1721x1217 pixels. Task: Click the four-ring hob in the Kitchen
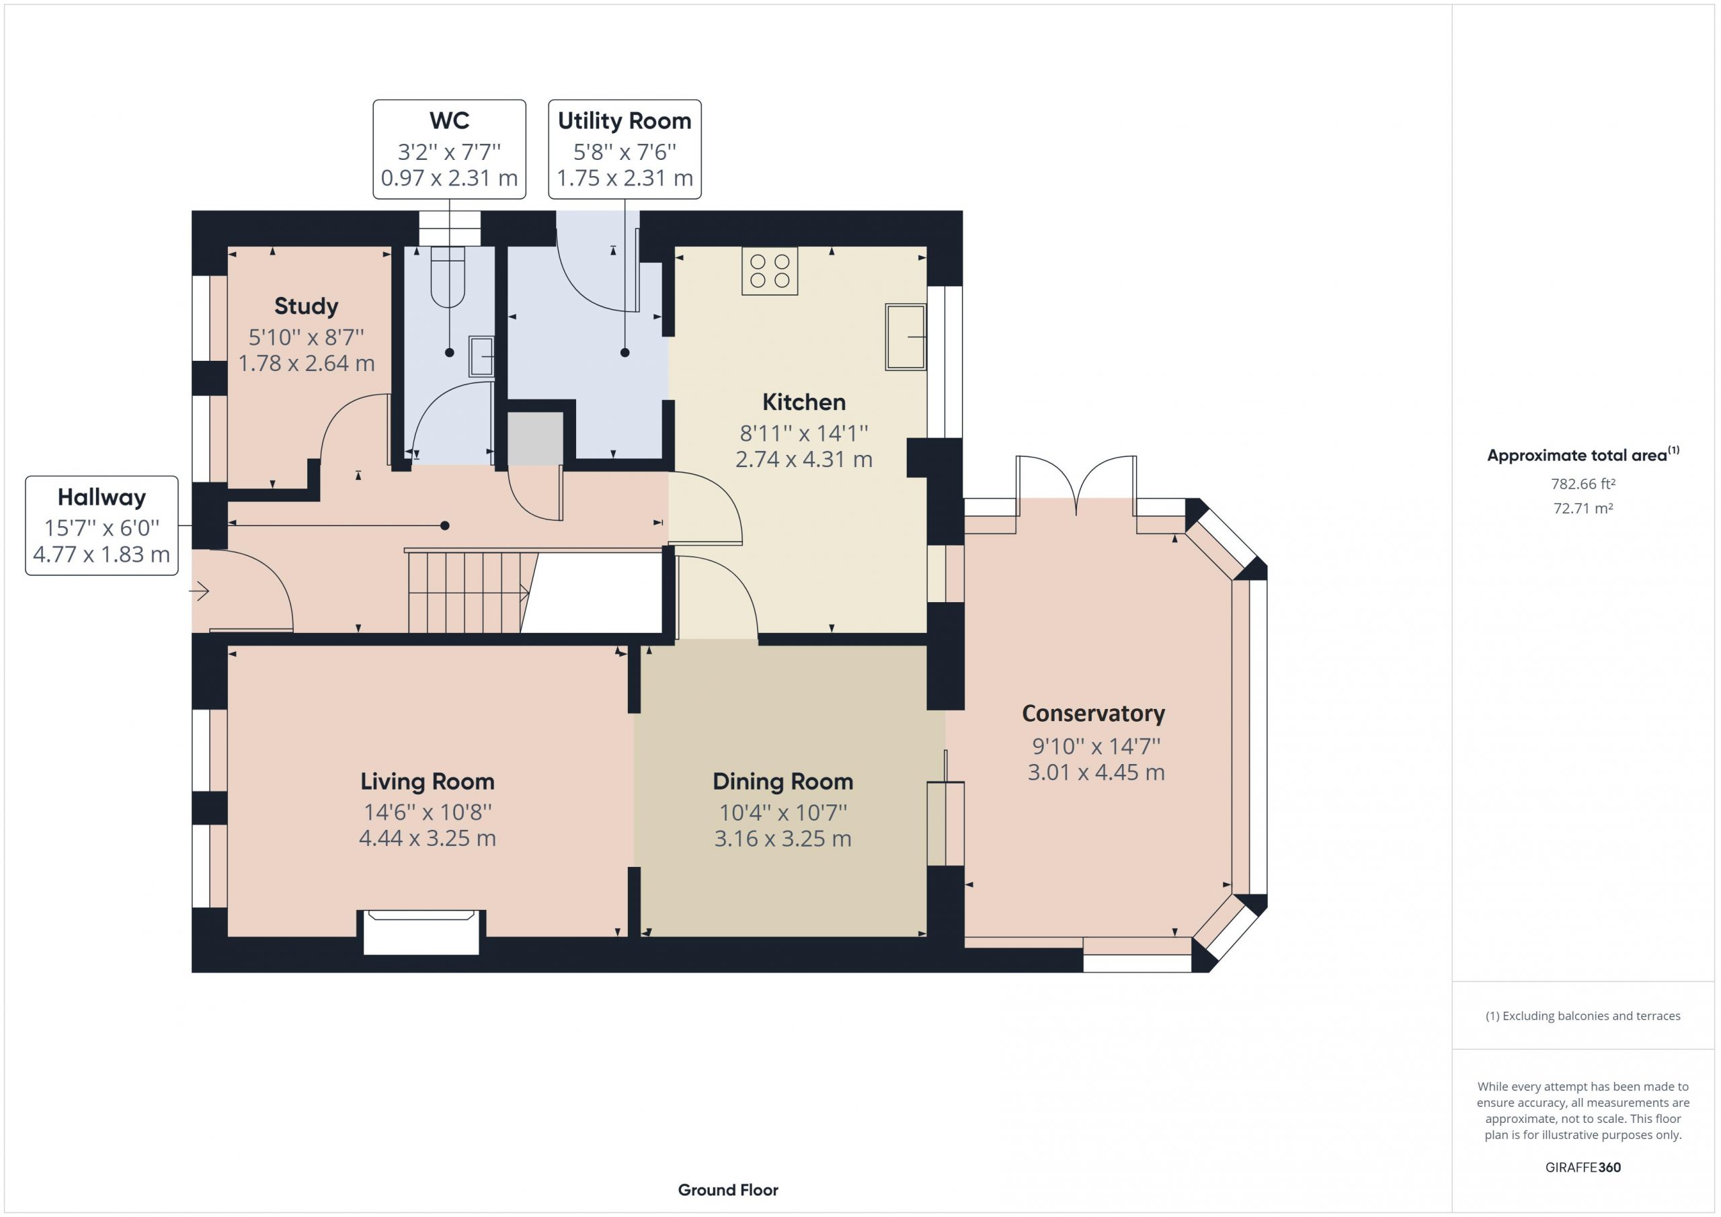coord(770,271)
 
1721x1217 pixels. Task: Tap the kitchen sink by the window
coord(906,337)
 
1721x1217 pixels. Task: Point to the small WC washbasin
coord(481,355)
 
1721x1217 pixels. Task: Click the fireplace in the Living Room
coord(422,931)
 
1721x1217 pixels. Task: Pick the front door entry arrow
coord(198,592)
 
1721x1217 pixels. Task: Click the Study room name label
coord(306,306)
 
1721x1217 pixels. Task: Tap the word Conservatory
coord(1094,714)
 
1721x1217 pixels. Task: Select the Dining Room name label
coord(783,782)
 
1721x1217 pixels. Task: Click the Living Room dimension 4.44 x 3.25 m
coord(428,838)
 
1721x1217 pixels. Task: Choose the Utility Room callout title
coord(625,121)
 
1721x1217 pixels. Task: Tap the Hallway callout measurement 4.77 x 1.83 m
coord(102,554)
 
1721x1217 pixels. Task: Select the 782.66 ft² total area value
coord(1583,484)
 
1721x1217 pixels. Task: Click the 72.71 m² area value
coord(1583,508)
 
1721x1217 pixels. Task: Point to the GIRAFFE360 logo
coord(1583,1167)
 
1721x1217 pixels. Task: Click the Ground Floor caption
coord(728,1190)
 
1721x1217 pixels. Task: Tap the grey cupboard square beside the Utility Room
coord(535,438)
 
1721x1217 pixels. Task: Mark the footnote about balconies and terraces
coord(1583,1016)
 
